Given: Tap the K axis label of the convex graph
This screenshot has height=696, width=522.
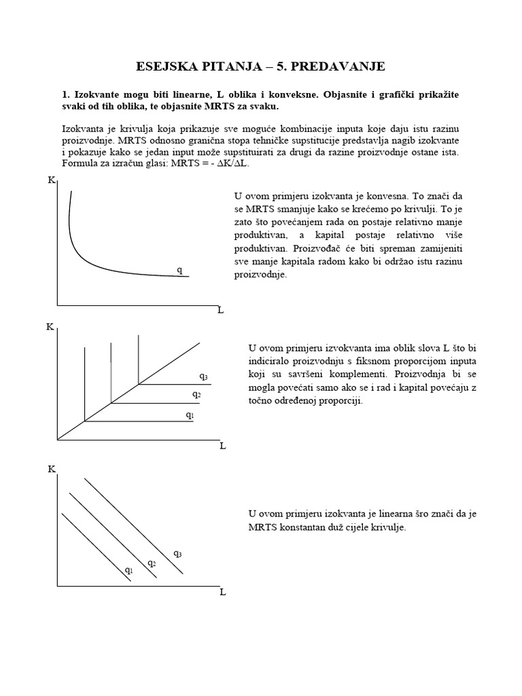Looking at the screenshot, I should (52, 180).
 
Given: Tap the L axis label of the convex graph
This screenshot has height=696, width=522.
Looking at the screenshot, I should (220, 310).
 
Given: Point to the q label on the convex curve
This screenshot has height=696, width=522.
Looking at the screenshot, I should (179, 270).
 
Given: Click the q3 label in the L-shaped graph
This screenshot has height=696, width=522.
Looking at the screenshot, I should (203, 376).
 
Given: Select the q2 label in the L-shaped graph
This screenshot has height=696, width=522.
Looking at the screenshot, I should (196, 394).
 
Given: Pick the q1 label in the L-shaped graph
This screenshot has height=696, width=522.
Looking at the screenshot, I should (190, 414).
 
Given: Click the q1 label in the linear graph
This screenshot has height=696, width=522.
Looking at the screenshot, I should (128, 570).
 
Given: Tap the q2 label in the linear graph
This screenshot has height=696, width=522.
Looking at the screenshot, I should (152, 563).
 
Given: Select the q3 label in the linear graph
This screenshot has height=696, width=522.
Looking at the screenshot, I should (177, 554).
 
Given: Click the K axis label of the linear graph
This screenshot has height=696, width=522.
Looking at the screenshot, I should (52, 469).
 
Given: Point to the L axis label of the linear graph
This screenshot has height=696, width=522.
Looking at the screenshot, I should (222, 591).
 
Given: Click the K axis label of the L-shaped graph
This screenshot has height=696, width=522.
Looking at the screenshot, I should (50, 327).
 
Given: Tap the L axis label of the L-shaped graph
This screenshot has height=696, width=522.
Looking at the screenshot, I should (222, 446).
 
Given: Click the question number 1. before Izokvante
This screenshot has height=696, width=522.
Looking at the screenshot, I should (66, 94).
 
